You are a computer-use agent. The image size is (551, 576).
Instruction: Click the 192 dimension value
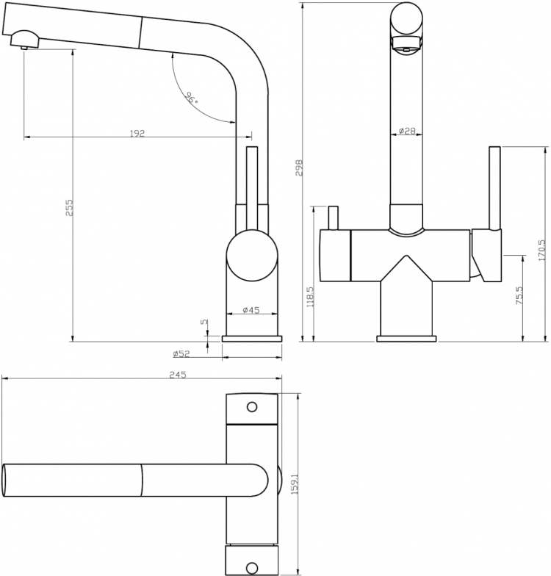click(x=137, y=133)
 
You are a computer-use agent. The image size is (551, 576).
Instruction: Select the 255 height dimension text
click(x=69, y=207)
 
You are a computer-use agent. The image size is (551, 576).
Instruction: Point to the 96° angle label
click(x=191, y=98)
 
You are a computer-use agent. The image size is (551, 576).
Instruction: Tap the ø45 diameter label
click(x=251, y=310)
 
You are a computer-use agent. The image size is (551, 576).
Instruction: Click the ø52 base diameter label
click(x=181, y=354)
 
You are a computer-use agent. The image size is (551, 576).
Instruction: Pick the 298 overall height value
click(x=299, y=168)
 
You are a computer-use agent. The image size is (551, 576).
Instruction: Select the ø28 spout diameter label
click(x=407, y=131)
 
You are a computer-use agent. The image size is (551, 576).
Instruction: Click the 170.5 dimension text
click(x=542, y=250)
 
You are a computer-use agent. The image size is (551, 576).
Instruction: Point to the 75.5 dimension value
click(x=519, y=295)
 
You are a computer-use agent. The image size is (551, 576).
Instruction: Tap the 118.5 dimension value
click(x=310, y=297)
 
